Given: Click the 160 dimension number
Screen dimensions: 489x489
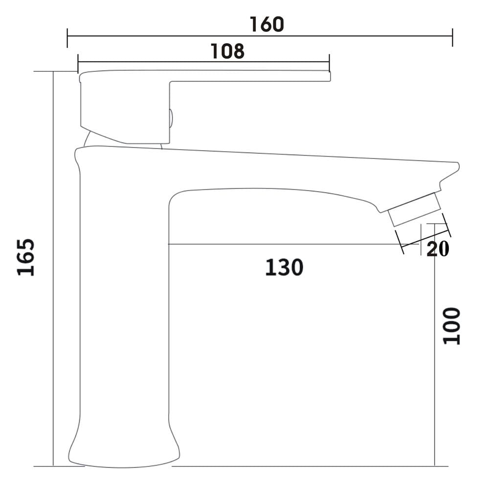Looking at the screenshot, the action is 267,24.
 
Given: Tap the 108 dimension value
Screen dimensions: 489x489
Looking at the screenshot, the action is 227,51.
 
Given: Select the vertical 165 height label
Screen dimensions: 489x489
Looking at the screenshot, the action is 25,257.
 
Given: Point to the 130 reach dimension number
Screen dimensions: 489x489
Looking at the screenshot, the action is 284,267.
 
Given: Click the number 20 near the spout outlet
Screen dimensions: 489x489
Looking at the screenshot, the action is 438,248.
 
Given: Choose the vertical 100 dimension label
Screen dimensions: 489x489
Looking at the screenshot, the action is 452,326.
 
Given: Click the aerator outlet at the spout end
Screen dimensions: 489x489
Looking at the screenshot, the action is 415,209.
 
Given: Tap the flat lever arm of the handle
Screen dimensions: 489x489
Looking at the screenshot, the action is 249,76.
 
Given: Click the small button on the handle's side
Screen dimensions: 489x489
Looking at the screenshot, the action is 171,118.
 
